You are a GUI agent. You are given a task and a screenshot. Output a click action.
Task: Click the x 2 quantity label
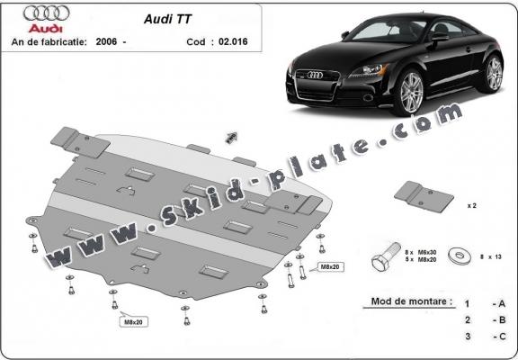471,205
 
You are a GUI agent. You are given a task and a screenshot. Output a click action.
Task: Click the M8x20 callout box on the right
327,267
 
